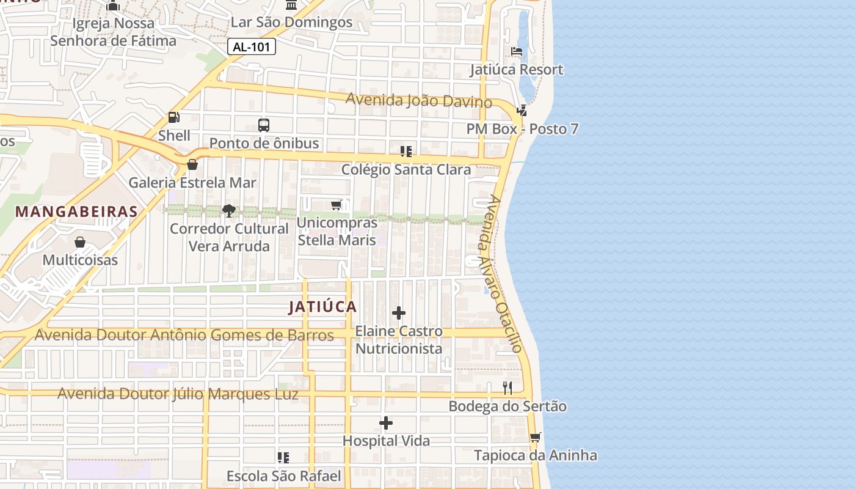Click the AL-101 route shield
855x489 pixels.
click(x=252, y=46)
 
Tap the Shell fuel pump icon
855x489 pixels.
click(x=174, y=117)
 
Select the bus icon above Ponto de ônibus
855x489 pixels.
click(x=264, y=125)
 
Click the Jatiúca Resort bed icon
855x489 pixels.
click(x=517, y=51)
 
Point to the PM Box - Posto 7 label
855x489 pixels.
click(x=522, y=129)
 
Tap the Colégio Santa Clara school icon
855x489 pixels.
click(x=406, y=151)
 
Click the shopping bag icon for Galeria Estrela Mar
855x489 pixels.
click(x=192, y=164)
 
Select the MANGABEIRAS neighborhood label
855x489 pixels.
click(x=76, y=211)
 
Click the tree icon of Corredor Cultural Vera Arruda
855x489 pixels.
click(x=229, y=211)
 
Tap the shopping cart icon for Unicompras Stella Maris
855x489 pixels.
click(x=336, y=205)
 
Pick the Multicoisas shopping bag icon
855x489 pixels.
click(x=80, y=242)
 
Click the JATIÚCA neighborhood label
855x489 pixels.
click(x=322, y=307)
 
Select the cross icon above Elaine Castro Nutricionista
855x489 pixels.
click(x=399, y=314)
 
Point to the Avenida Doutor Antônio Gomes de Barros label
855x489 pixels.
click(x=184, y=335)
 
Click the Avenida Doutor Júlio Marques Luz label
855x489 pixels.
click(x=178, y=394)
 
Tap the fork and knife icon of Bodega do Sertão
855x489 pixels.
click(x=508, y=388)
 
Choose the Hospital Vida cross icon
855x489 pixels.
click(x=386, y=423)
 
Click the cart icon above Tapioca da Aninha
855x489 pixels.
click(x=536, y=437)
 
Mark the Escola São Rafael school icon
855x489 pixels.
click(x=283, y=457)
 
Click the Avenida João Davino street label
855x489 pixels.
click(x=419, y=100)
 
